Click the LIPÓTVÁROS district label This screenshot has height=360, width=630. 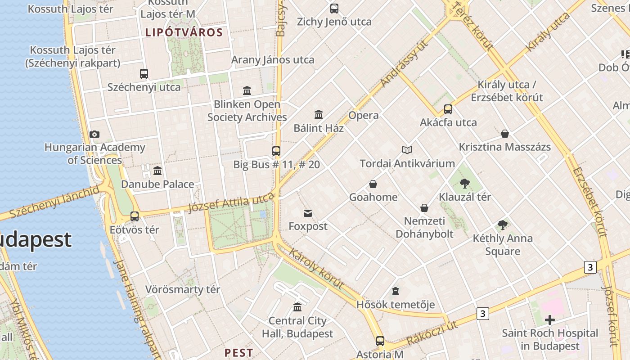[x=184, y=32]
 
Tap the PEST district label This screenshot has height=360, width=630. [x=238, y=352]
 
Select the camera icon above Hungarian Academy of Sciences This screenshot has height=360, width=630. [x=94, y=134]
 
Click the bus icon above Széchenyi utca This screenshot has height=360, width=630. [x=144, y=74]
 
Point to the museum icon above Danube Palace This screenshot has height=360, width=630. [x=157, y=171]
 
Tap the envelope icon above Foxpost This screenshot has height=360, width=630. [x=308, y=213]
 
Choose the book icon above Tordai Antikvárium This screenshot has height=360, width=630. [x=407, y=150]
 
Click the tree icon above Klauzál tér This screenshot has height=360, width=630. [x=465, y=184]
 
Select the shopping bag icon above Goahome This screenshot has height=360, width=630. [x=373, y=184]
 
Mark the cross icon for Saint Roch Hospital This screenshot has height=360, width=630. [x=549, y=320]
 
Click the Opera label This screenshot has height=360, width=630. [x=364, y=115]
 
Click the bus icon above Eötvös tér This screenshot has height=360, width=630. [x=135, y=216]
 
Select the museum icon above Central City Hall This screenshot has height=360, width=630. [x=297, y=307]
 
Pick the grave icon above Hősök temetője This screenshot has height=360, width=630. [x=396, y=291]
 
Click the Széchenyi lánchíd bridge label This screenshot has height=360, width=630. [x=54, y=202]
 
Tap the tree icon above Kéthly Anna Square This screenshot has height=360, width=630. [x=503, y=225]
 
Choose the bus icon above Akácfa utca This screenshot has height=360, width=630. [x=448, y=109]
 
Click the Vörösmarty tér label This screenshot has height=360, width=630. [x=183, y=289]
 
